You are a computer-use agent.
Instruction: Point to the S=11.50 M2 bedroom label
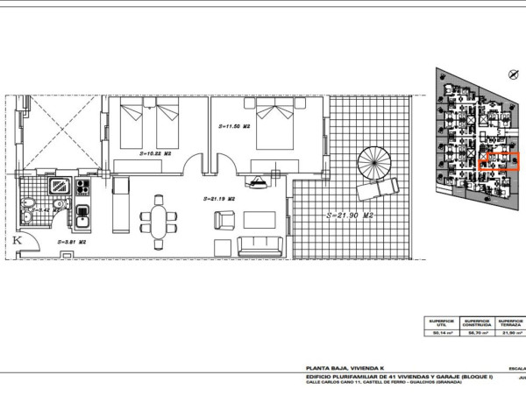(x=234, y=127)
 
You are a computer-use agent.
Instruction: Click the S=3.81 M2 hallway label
(x=70, y=241)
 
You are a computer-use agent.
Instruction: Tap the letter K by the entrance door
(x=17, y=239)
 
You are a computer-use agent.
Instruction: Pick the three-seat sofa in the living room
(x=258, y=245)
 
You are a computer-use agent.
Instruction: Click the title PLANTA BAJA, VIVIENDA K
(x=337, y=368)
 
